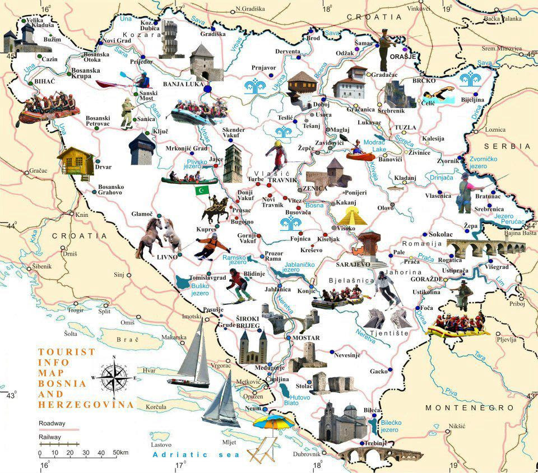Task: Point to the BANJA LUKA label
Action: click(182, 84)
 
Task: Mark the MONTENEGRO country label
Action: click(469, 407)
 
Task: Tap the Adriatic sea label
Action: click(196, 455)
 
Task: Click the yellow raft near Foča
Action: click(455, 324)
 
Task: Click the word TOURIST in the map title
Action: click(66, 352)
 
